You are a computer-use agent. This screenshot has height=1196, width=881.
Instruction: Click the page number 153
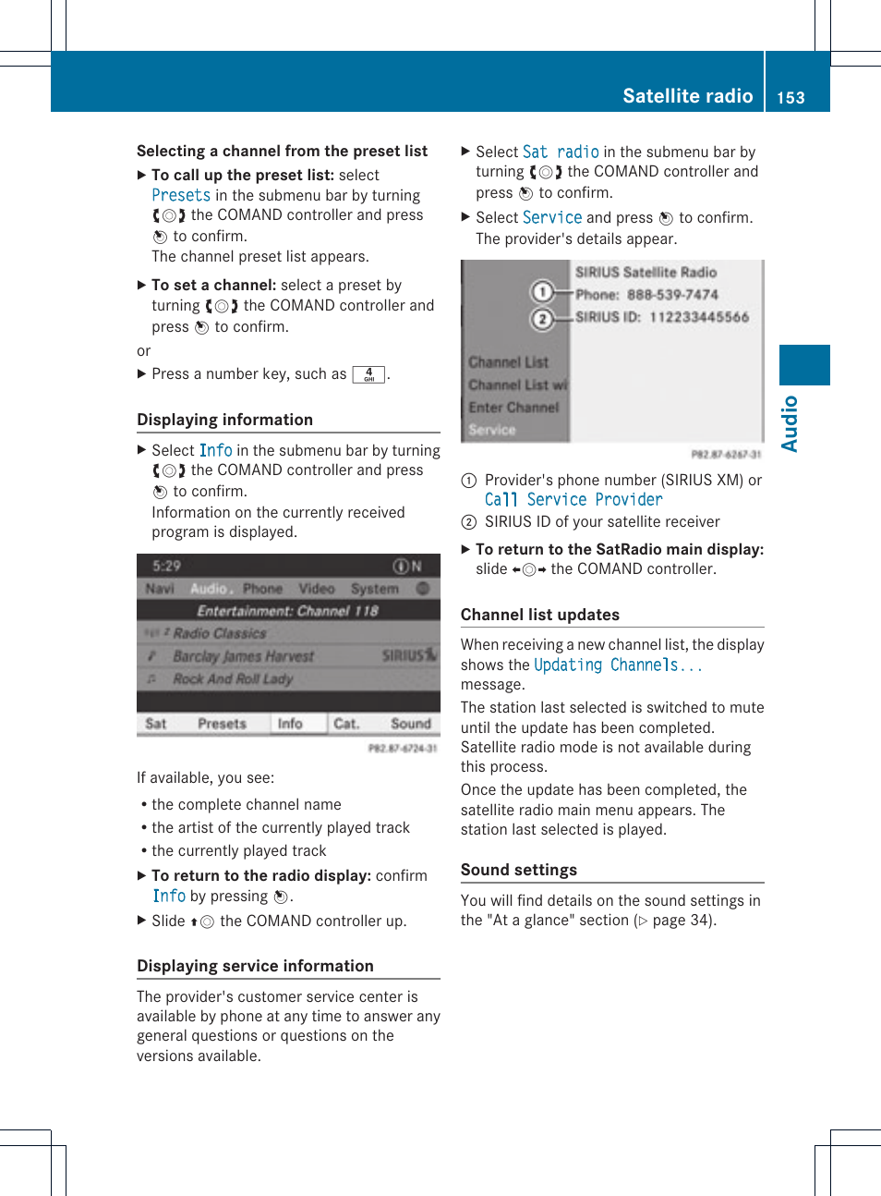coord(790,98)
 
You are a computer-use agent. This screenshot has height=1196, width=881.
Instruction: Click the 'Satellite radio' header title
coord(687,96)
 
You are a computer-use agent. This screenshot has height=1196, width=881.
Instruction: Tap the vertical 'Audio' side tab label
coord(790,423)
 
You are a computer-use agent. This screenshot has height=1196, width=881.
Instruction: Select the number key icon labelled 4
coord(368,374)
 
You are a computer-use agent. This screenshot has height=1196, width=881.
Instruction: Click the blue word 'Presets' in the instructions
coord(181,196)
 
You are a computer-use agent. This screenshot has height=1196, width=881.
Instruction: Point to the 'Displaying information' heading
coord(224,420)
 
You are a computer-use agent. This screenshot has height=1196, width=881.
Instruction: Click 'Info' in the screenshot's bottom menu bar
coord(290,724)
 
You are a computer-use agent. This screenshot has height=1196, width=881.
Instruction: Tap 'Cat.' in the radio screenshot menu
coord(346,724)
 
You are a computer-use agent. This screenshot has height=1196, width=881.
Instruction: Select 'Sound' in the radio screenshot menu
coord(410,724)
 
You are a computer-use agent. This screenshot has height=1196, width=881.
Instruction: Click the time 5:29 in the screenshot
coord(167,566)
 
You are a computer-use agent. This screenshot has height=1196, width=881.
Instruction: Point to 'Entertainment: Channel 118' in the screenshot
coord(287,611)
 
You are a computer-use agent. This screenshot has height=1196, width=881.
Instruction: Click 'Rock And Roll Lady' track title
coord(233,678)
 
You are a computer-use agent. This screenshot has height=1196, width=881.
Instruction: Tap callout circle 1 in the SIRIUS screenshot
coord(542,292)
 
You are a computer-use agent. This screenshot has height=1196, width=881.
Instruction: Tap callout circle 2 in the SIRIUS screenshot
coord(542,319)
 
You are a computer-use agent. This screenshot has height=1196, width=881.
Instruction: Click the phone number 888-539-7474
coord(672,295)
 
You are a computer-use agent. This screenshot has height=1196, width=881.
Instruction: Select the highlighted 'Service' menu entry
coord(492,430)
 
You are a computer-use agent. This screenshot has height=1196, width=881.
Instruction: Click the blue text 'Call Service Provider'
coord(573,500)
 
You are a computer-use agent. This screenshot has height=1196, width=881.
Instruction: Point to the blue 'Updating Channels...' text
coord(618,665)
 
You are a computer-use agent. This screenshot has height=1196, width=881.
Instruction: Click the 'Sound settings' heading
coord(518,870)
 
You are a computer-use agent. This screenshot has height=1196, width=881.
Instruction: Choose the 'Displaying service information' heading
coord(255,966)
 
